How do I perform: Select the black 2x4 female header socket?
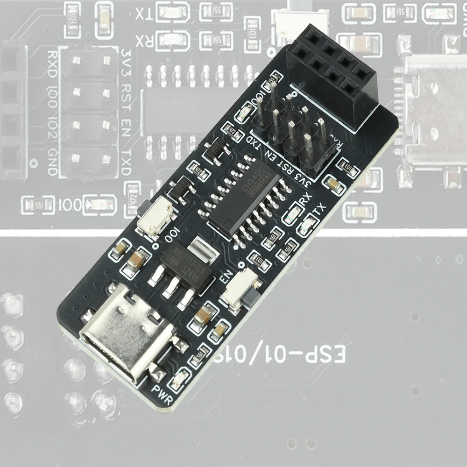pyautogui.click(x=333, y=75)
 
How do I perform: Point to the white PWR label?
pyautogui.click(x=162, y=395)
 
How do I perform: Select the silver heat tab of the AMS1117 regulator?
pyautogui.click(x=204, y=248)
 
